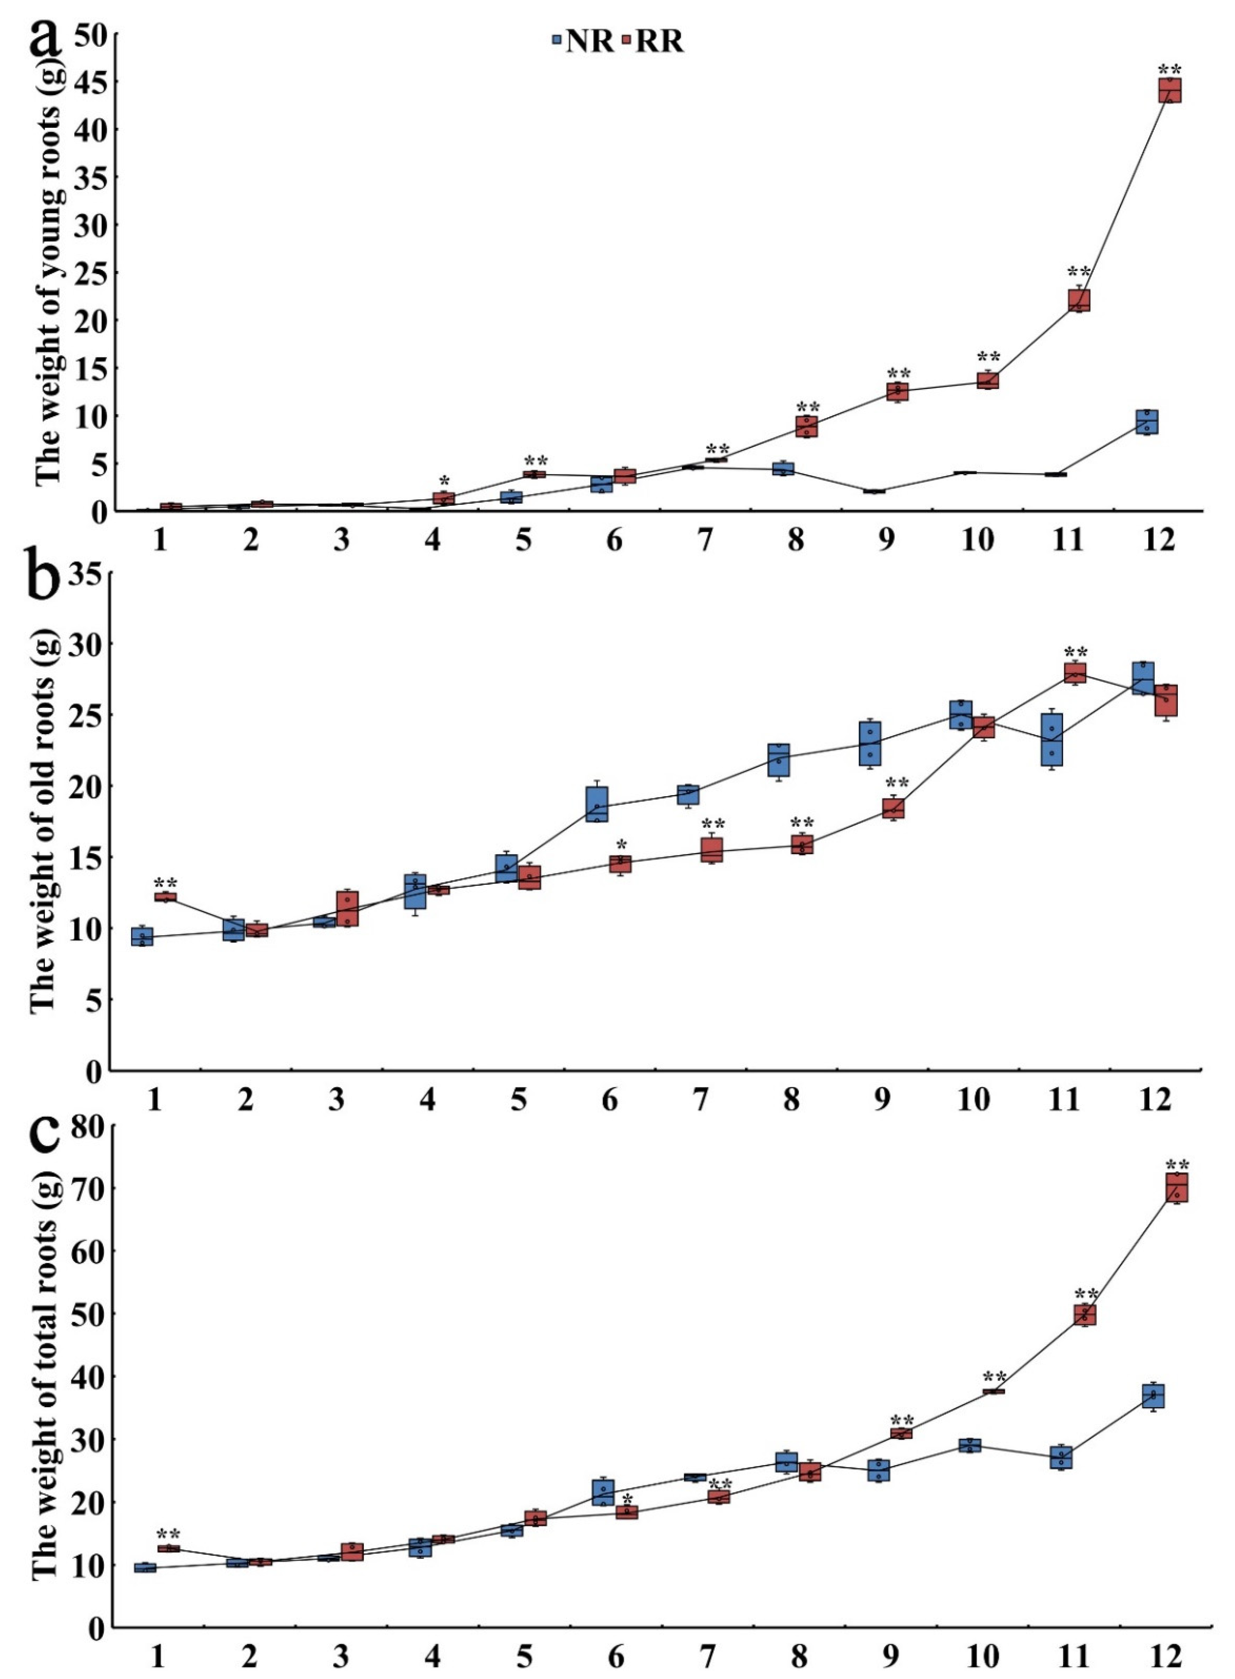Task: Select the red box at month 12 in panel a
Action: (1170, 90)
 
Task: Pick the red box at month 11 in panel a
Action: (1079, 300)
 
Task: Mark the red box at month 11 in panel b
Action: (1075, 673)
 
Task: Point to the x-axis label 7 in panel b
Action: (700, 1100)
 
